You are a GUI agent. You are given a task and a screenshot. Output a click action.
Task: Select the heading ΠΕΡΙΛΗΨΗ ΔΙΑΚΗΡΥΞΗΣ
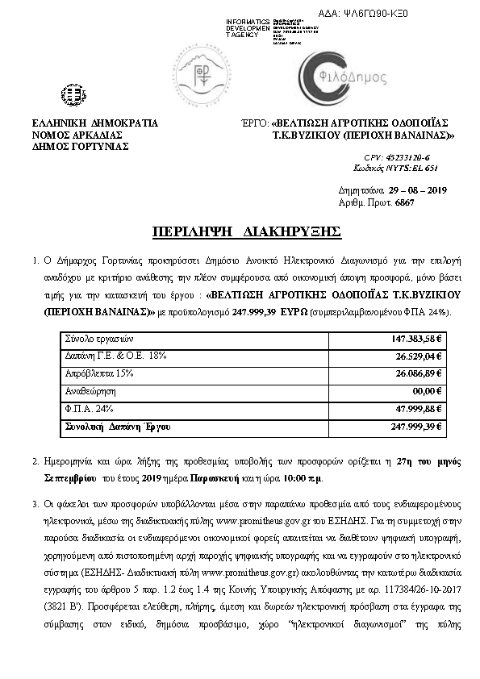point(247,232)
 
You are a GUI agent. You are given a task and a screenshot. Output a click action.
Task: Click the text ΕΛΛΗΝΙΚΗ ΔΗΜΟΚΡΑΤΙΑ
point(94,123)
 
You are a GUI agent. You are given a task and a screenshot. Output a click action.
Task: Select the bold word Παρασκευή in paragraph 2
point(228,477)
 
